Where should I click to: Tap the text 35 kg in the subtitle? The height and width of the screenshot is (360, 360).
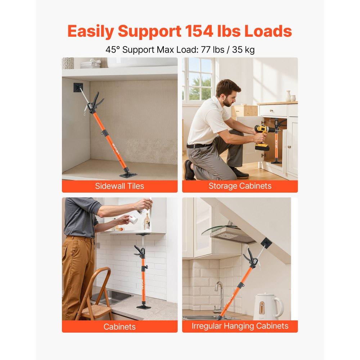[x=243, y=50]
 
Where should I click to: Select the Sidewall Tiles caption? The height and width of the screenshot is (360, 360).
[x=120, y=186]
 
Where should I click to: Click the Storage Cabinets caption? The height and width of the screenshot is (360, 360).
[x=240, y=186]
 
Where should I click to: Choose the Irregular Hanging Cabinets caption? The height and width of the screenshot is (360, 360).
[x=240, y=326]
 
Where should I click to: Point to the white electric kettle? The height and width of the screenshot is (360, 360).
[x=267, y=307]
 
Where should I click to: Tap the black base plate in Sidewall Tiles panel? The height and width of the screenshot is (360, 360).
[x=128, y=175]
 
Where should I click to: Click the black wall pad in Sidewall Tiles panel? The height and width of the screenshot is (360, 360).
[x=78, y=87]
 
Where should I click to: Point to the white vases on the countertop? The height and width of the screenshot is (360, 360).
[x=291, y=96]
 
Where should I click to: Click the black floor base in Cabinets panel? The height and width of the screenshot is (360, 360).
[x=144, y=306]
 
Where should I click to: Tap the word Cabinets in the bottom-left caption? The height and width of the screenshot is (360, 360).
[x=120, y=327]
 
